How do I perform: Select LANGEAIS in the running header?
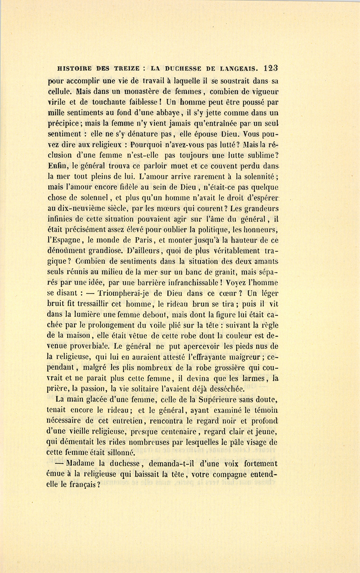pos(236,68)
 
